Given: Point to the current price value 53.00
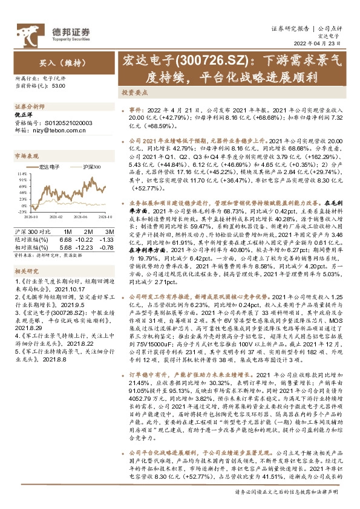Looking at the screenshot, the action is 59,86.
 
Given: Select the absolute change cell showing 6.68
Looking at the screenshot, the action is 68,239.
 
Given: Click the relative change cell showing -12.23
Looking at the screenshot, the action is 88,247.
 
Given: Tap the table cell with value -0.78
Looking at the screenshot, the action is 108,247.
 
